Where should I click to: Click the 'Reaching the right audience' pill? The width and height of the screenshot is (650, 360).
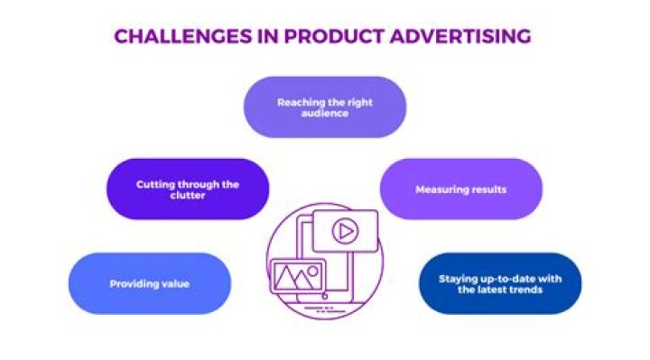(325, 107)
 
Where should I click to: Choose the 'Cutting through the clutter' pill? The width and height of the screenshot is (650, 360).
(188, 189)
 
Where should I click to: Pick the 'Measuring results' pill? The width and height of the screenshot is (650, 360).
(461, 189)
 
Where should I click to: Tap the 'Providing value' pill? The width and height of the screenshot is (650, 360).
(149, 283)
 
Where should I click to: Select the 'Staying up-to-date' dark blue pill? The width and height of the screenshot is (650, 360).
(500, 284)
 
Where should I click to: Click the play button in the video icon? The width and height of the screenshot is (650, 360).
(343, 232)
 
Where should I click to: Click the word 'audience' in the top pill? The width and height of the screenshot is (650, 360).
(325, 114)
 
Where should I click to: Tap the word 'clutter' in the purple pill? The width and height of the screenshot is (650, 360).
(188, 196)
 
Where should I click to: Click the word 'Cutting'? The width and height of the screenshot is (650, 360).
(153, 184)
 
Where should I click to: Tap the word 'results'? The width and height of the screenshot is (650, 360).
(488, 190)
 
